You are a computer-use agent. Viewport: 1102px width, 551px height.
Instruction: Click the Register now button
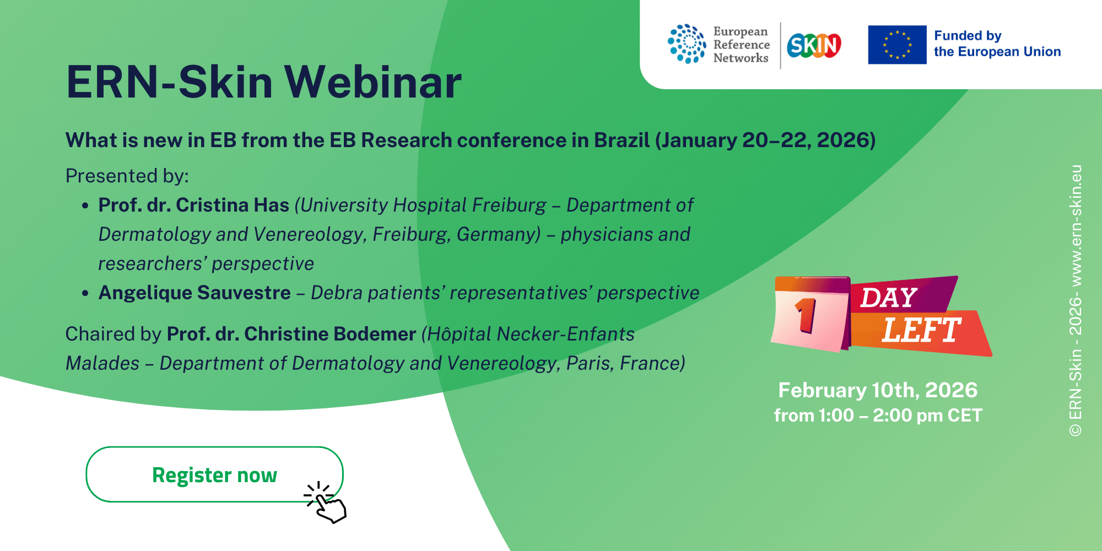click(x=214, y=474)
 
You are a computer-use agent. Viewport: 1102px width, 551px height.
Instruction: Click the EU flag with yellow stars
click(x=897, y=45)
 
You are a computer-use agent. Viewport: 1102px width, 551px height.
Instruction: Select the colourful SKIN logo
click(x=814, y=45)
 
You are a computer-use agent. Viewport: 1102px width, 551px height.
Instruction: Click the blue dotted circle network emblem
click(x=687, y=44)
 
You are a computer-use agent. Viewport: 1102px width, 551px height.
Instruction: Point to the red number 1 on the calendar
click(x=806, y=315)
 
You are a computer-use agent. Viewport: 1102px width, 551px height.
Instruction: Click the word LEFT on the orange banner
click(x=921, y=330)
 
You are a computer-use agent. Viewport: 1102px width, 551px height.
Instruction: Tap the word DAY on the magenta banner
click(x=889, y=298)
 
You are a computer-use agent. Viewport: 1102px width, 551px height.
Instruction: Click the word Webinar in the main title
click(x=373, y=83)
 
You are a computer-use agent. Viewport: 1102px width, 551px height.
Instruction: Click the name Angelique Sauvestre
click(x=195, y=293)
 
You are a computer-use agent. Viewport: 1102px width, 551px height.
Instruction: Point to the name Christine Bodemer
click(x=330, y=334)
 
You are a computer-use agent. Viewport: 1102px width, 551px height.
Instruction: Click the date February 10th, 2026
click(x=878, y=390)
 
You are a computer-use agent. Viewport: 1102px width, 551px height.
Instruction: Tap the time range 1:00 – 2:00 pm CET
click(x=900, y=415)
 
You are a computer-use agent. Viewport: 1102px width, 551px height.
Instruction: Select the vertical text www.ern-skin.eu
click(x=1075, y=225)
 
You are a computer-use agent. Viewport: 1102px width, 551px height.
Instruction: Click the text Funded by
click(x=968, y=36)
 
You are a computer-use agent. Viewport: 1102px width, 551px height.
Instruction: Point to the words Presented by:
click(x=127, y=176)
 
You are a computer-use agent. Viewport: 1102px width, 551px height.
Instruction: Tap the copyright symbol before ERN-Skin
click(x=1076, y=430)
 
